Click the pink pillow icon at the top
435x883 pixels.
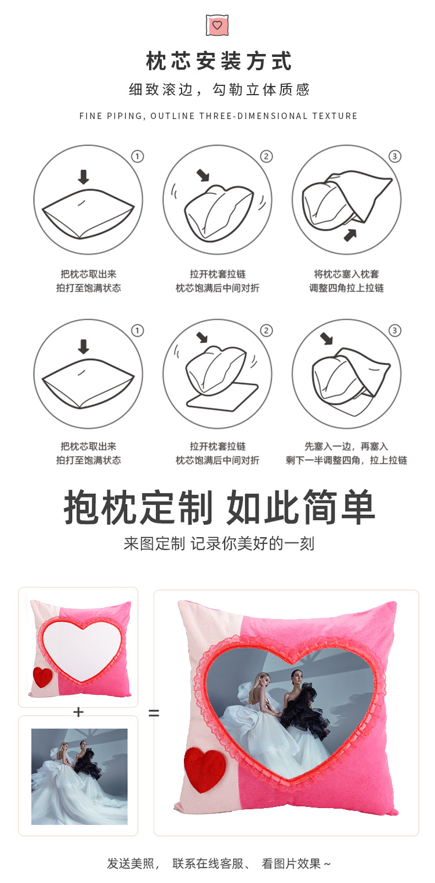(x=217, y=25)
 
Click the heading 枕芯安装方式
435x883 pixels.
(x=219, y=61)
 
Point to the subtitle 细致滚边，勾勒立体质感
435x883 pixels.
(x=219, y=89)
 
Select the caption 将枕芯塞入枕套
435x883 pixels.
(x=346, y=274)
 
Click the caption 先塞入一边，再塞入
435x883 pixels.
(x=346, y=446)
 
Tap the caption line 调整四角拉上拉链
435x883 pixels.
(x=346, y=288)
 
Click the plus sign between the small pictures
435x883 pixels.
(x=78, y=712)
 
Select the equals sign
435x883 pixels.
(x=154, y=713)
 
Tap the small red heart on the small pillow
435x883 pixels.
(x=42, y=677)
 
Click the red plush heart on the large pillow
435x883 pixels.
(x=205, y=770)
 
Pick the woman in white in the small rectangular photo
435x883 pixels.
(x=58, y=772)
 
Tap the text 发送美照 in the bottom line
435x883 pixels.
(x=131, y=863)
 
